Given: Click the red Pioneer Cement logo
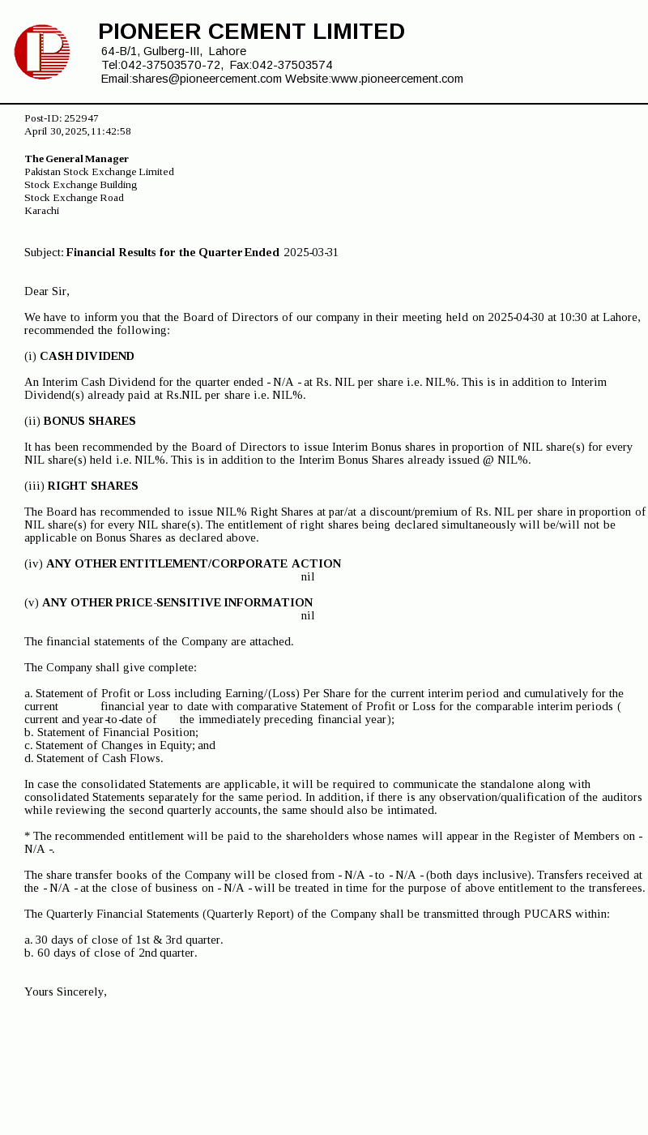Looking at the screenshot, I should tap(42, 52).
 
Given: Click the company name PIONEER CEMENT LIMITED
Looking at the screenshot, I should tap(251, 32).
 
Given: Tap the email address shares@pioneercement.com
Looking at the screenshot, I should tap(207, 79).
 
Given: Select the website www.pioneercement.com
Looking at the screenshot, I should tap(397, 79).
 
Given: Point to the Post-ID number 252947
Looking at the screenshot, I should tap(81, 118).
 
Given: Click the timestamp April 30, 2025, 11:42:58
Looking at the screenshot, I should tap(78, 131).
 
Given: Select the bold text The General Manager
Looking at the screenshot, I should tap(77, 159).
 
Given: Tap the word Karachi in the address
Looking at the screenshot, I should tap(42, 211).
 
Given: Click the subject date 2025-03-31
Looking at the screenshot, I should tap(311, 252).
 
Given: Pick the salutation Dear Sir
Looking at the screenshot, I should tap(47, 291).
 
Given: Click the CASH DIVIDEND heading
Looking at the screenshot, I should tap(87, 356).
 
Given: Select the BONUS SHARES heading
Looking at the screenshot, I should tap(89, 421).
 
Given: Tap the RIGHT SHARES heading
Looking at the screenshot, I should tap(92, 486).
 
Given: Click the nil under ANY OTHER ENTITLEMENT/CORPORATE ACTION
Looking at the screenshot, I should tap(308, 576).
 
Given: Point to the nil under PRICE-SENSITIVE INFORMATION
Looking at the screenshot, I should tap(308, 615).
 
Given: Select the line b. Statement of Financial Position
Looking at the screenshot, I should tap(111, 732).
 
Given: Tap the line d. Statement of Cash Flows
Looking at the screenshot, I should tap(94, 758).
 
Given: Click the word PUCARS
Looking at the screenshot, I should tap(549, 914).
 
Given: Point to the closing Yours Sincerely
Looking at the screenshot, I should tap(66, 992).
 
